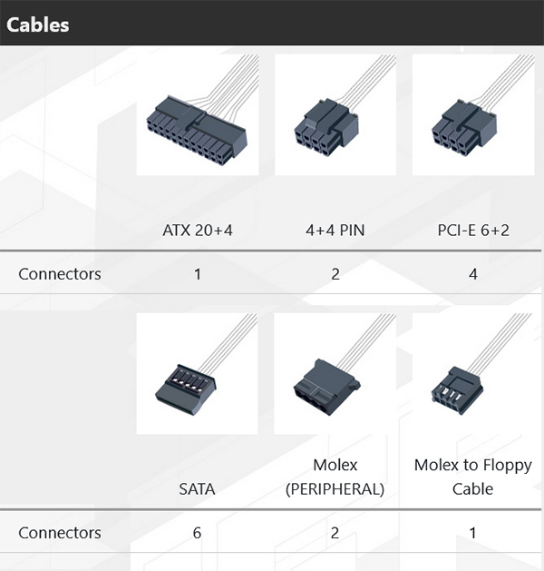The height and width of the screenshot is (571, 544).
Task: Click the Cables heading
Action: [x=38, y=24]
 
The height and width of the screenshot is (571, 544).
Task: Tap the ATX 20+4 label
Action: [x=197, y=231]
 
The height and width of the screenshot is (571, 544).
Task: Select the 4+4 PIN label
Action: [x=335, y=231]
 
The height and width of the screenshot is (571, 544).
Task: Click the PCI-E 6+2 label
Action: [x=472, y=231]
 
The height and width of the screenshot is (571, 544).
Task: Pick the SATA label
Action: [x=197, y=489]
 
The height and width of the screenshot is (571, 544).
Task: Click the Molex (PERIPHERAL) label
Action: [x=335, y=477]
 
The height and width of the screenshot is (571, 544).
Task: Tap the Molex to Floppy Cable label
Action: [x=472, y=477]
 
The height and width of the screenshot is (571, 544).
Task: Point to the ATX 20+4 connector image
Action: [x=197, y=115]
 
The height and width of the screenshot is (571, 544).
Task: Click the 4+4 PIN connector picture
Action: [x=335, y=115]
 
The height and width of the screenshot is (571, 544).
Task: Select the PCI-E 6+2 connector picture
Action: [x=472, y=115]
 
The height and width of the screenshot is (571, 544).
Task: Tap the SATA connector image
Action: [x=197, y=374]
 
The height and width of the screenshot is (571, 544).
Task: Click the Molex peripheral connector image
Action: [x=335, y=374]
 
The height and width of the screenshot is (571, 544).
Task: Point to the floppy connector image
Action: [x=472, y=374]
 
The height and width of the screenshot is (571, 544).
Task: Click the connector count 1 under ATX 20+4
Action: [x=197, y=273]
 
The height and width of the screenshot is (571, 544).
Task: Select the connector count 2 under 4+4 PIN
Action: [x=335, y=273]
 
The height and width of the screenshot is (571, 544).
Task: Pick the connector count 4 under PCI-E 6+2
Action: [x=472, y=273]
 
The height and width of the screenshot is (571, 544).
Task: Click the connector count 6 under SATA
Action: [x=197, y=533]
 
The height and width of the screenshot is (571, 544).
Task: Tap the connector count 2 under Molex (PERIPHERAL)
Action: [x=335, y=533]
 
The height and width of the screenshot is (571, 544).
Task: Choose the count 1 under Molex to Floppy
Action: [x=472, y=533]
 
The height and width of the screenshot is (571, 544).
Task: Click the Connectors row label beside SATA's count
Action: [x=60, y=533]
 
